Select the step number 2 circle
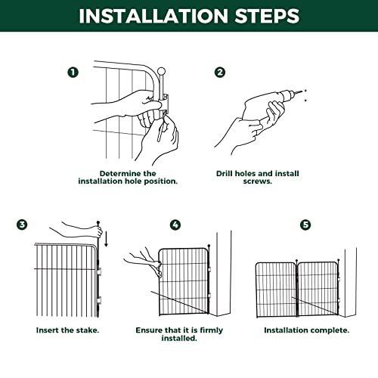click(x=220, y=73)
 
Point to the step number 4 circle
click(x=175, y=225)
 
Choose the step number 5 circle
click(x=305, y=225)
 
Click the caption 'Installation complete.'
click(x=306, y=330)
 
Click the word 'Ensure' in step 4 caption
click(x=151, y=330)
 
